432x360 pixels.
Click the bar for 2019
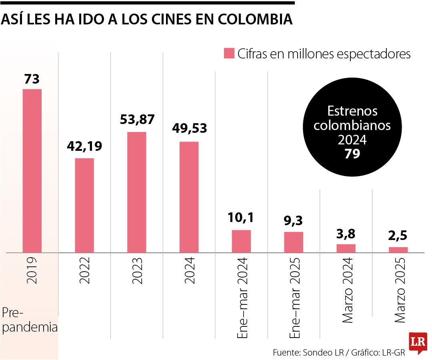(x=32, y=171)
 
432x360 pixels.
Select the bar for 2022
(x=84, y=205)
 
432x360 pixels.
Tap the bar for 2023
(x=137, y=192)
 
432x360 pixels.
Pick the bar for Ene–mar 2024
(x=242, y=241)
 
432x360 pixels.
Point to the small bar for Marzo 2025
(x=398, y=250)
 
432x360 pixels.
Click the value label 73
(x=32, y=79)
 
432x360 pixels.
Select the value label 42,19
(x=84, y=146)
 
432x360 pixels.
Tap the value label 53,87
(x=137, y=119)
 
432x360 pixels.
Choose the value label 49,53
(x=189, y=128)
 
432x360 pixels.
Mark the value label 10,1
(x=242, y=218)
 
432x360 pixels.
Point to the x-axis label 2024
(x=189, y=271)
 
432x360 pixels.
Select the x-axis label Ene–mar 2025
(x=294, y=298)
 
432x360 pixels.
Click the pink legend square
(x=229, y=53)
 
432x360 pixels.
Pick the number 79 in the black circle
(x=352, y=154)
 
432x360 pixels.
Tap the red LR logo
(x=418, y=343)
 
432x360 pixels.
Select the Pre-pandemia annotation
(x=30, y=320)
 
